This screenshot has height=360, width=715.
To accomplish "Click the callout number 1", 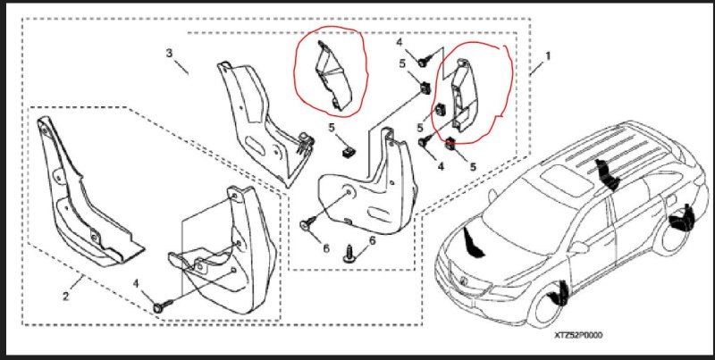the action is [548, 56].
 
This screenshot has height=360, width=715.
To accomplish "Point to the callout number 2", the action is [66, 297].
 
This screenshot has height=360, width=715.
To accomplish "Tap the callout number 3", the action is [169, 53].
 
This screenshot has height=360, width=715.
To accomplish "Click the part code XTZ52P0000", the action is [578, 335].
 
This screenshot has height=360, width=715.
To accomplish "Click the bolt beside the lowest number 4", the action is [164, 306].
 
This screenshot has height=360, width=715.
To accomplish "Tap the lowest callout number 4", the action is [136, 283].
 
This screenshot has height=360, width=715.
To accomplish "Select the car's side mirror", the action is [578, 247].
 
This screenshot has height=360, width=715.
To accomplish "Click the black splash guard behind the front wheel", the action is [559, 293].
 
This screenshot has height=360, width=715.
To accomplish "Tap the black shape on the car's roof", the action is [606, 175].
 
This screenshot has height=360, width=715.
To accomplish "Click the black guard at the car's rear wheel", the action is [681, 222].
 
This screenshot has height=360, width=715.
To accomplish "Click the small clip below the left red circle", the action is [347, 150].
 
